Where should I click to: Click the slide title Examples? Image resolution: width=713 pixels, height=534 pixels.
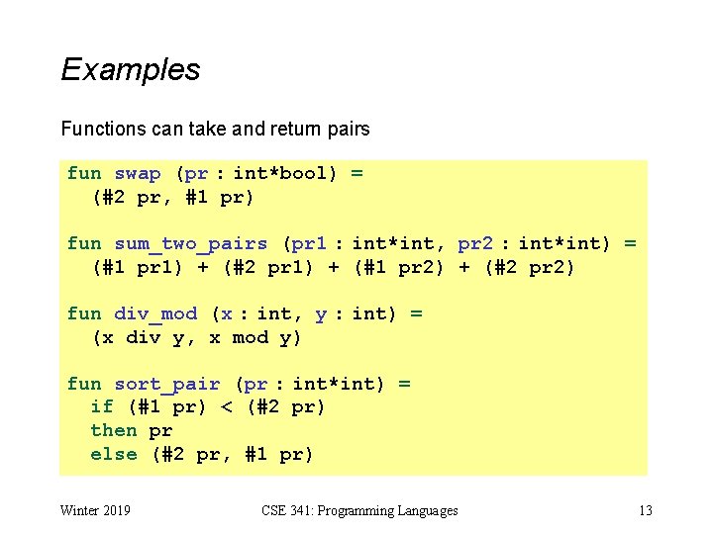[x=131, y=70]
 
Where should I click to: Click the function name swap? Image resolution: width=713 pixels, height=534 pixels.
[x=138, y=174]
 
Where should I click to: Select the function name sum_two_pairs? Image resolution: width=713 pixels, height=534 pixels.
[x=191, y=243]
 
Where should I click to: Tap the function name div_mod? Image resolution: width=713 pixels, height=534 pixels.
[x=155, y=314]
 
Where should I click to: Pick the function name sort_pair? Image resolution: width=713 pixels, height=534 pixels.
[x=167, y=384]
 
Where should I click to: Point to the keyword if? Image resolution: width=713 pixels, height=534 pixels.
[x=102, y=407]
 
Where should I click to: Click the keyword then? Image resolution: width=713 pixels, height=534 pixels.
[x=114, y=431]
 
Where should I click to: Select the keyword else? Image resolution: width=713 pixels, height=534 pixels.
[x=114, y=455]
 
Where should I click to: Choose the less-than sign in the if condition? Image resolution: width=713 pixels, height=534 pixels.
[x=227, y=407]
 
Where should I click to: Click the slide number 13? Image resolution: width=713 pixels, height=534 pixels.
[x=646, y=511]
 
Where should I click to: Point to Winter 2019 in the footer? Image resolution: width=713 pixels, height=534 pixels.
[x=96, y=511]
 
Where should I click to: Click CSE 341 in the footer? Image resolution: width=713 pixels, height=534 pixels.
[x=288, y=511]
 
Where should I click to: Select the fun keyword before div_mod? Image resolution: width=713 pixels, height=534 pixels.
[x=84, y=314]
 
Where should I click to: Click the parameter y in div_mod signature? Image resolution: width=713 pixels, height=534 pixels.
[x=321, y=314]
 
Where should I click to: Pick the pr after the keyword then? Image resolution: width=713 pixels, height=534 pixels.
[x=161, y=431]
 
